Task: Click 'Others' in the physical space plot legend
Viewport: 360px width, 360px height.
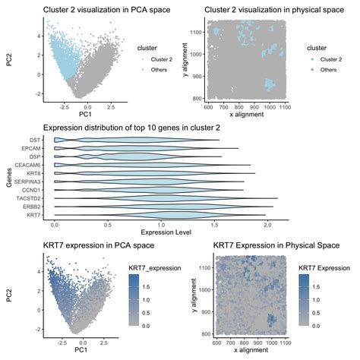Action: pyautogui.click(x=328, y=69)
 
